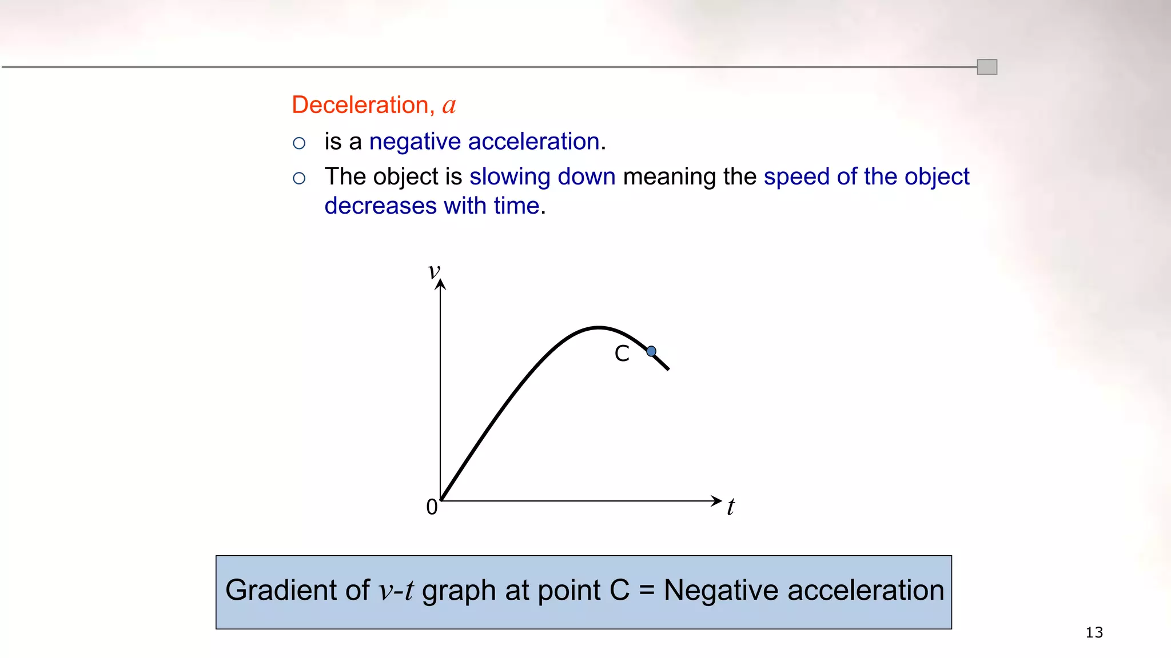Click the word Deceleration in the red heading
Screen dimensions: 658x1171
pos(359,105)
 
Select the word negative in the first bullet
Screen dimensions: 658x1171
pos(415,142)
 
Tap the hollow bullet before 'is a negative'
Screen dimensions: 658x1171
pos(299,143)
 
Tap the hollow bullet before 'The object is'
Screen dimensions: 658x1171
pos(299,178)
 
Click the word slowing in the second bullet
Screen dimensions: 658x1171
pos(509,177)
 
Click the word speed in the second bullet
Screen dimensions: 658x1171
pos(796,177)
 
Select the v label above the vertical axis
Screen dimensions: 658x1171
pos(434,270)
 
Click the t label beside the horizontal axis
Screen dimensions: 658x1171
pos(730,507)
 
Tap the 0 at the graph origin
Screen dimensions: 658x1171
pos(432,507)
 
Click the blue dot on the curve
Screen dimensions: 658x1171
pos(651,351)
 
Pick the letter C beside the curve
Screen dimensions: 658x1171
pos(622,354)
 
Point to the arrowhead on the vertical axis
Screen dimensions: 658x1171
pos(440,284)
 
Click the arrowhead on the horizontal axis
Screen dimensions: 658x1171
pos(716,501)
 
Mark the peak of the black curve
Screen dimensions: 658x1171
pos(598,328)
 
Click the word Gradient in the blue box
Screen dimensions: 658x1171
pos(297,590)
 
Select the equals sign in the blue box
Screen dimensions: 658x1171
pos(646,591)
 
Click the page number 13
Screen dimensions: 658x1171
pos(1094,632)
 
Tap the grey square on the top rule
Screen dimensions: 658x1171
pos(987,67)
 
